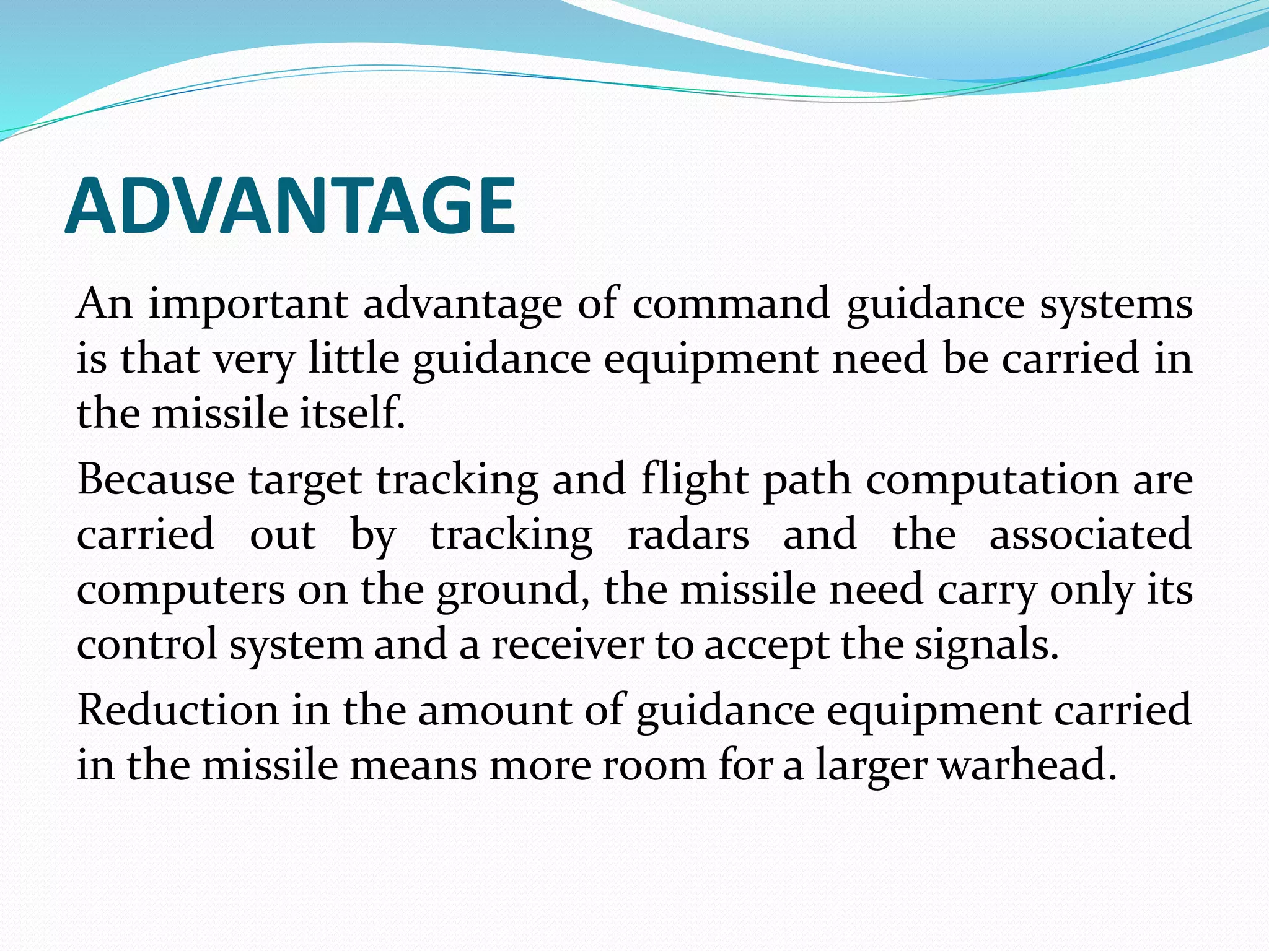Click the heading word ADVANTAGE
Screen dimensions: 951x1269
[x=290, y=206]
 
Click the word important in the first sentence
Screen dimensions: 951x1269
[x=248, y=305]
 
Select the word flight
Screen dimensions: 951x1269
[x=695, y=480]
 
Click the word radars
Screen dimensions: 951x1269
[x=688, y=534]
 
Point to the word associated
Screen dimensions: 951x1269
[x=1091, y=534]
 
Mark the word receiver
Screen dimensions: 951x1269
[x=568, y=645]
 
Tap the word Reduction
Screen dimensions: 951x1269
[x=178, y=710]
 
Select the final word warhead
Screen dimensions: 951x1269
[x=1029, y=764]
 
